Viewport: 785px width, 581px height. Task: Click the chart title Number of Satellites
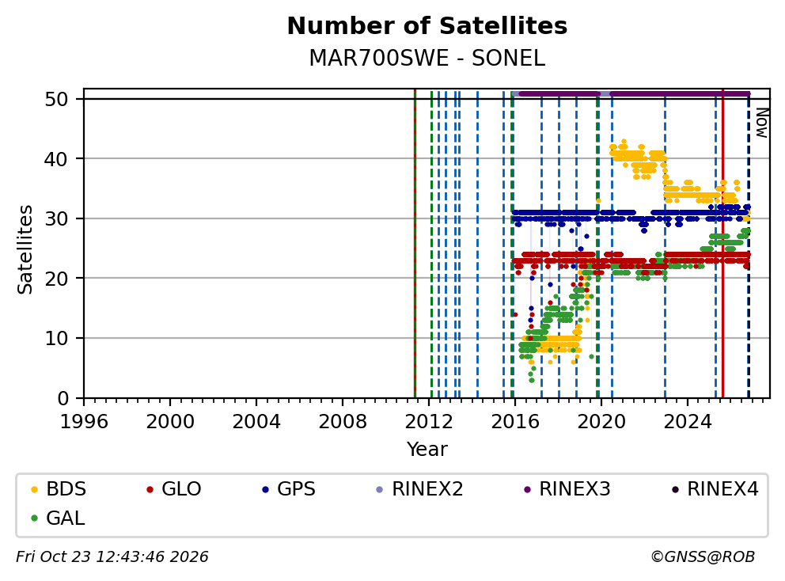[x=427, y=26]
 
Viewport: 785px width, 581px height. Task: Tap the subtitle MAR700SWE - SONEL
[x=427, y=58]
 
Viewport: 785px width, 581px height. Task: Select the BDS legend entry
[x=59, y=489]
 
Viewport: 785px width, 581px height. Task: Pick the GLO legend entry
[x=174, y=489]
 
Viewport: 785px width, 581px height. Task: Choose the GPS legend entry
[x=289, y=489]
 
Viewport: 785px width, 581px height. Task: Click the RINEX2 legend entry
[x=419, y=489]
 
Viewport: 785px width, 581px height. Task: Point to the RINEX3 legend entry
[x=567, y=489]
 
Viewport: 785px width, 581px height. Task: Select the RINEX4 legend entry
[x=715, y=489]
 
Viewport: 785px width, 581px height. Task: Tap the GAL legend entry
[x=58, y=518]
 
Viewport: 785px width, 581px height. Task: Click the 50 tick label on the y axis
[x=56, y=99]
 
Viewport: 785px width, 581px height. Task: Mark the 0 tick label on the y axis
[x=63, y=398]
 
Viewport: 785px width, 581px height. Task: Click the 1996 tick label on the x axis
[x=84, y=422]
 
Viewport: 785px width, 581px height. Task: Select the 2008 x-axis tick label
[x=343, y=422]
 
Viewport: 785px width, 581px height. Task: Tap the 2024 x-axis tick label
[x=688, y=422]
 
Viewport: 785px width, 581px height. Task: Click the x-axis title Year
[x=427, y=450]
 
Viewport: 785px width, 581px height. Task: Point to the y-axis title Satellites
[x=25, y=249]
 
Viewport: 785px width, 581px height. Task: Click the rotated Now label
[x=761, y=123]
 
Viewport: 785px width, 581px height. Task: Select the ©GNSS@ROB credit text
[x=703, y=556]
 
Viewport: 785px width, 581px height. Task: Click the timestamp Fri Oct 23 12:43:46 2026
[x=112, y=556]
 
